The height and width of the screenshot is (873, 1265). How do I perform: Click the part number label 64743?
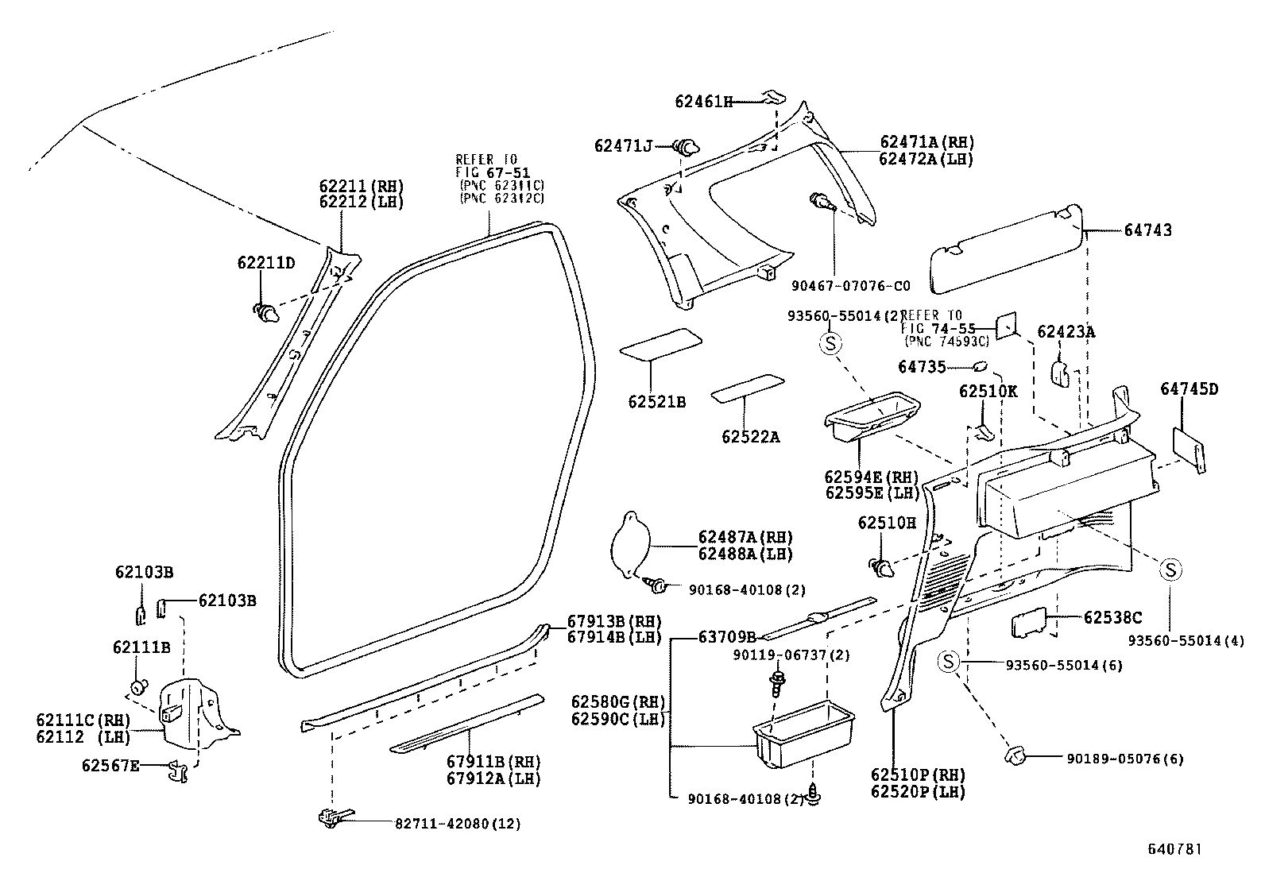[x=1147, y=231]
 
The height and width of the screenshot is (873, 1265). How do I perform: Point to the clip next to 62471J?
[x=686, y=147]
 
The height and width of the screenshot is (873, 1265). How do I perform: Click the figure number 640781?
[x=1174, y=848]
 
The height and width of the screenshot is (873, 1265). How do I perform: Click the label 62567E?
[x=110, y=765]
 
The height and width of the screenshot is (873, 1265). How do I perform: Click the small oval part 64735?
[x=980, y=367]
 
